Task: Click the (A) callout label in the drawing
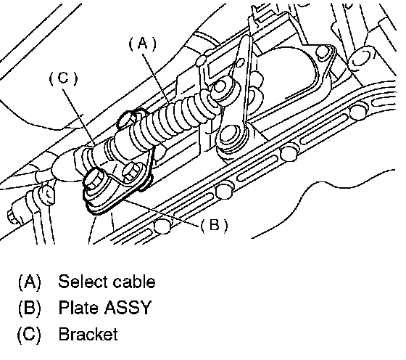tap(143, 44)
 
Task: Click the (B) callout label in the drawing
tap(214, 225)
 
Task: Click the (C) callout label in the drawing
tap(64, 78)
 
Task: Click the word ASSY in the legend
tap(128, 308)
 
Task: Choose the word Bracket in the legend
tap(88, 334)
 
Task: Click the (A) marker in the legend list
tap(30, 282)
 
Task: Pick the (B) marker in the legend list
tap(30, 308)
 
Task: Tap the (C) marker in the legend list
tap(29, 335)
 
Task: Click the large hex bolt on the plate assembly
tap(94, 179)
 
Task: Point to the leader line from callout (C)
tap(80, 117)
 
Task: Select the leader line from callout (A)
tap(156, 77)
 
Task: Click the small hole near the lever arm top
tap(241, 62)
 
